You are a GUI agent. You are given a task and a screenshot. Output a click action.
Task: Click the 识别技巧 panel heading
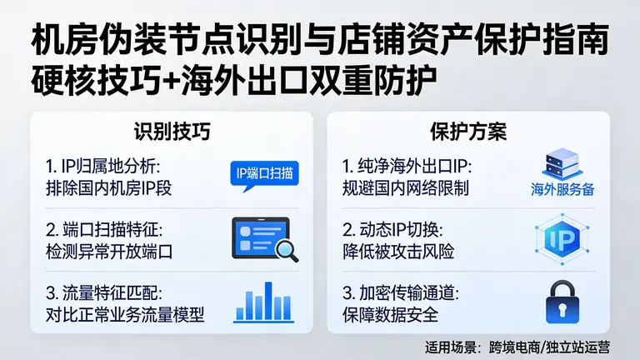point(171,132)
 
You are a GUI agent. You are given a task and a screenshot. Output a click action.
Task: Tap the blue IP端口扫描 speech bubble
point(263,173)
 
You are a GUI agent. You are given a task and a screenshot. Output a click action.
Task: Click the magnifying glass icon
point(287,247)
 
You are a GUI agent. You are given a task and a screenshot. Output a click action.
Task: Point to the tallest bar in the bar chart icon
point(267,301)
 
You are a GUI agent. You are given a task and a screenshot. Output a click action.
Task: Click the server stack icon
point(562,162)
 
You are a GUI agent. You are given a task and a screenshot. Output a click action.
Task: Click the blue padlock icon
point(562,302)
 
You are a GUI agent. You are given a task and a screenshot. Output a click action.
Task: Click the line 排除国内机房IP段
point(108,187)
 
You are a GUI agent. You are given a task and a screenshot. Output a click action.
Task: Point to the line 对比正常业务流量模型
point(125,315)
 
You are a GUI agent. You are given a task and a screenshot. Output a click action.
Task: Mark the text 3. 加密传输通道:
point(401,293)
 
